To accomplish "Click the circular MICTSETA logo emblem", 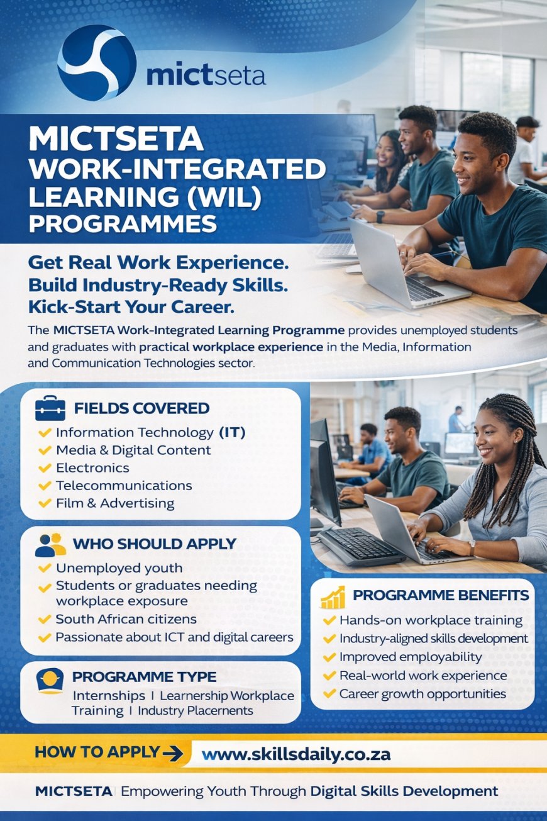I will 97,63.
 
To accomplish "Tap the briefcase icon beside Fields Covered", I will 50,408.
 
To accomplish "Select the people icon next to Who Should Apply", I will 50,544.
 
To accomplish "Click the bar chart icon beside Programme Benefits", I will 333,596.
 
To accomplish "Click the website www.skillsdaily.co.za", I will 296,754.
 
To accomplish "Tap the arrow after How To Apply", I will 172,752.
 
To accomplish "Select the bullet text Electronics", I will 92,468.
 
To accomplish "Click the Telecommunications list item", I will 124,486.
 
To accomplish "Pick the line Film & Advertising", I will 115,503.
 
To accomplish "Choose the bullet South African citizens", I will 126,619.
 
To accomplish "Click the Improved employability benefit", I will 411,657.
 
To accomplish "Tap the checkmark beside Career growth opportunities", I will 329,694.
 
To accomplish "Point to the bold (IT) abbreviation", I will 232,433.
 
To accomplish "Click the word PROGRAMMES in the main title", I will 123,224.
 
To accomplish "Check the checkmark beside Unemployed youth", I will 45,568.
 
